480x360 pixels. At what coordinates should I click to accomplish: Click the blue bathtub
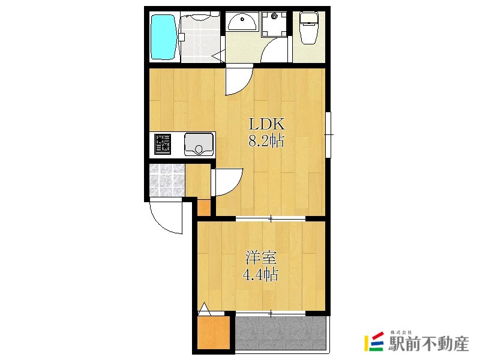click(164, 37)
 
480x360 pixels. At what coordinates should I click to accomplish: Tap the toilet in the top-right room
click(309, 28)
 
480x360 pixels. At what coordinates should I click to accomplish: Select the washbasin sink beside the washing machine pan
click(242, 21)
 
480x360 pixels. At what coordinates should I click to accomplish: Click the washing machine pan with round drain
click(274, 24)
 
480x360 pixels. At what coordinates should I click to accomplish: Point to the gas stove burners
click(163, 144)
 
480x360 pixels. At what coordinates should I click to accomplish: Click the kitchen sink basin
click(199, 144)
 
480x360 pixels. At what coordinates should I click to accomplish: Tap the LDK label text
click(267, 124)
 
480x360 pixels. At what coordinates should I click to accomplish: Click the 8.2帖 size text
click(266, 141)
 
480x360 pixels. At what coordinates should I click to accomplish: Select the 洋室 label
click(262, 258)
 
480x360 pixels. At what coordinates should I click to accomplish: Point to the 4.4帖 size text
click(260, 275)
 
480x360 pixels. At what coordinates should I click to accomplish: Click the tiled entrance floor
click(167, 180)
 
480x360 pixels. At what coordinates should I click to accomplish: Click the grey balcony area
click(280, 333)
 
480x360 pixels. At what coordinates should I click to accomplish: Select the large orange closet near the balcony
click(214, 332)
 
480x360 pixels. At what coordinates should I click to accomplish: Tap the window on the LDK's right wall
click(328, 134)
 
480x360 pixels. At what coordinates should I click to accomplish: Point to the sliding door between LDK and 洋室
click(271, 218)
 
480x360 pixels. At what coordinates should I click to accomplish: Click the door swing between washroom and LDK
click(238, 80)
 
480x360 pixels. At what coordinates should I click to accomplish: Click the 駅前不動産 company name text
click(428, 344)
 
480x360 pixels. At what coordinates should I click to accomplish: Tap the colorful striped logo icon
click(374, 341)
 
